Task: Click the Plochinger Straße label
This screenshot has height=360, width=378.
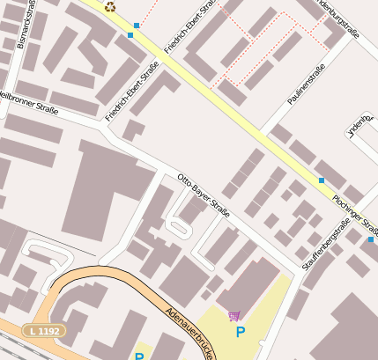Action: tap(357, 215)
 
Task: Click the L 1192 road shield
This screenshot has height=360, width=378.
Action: tap(45, 331)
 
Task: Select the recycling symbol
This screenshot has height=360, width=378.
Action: tap(110, 6)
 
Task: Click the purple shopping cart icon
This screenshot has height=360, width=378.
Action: tap(233, 316)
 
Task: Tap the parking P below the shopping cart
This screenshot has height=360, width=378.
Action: tap(240, 333)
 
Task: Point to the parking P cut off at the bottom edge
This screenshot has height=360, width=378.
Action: tap(138, 356)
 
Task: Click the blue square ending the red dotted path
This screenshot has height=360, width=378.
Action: tap(137, 25)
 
